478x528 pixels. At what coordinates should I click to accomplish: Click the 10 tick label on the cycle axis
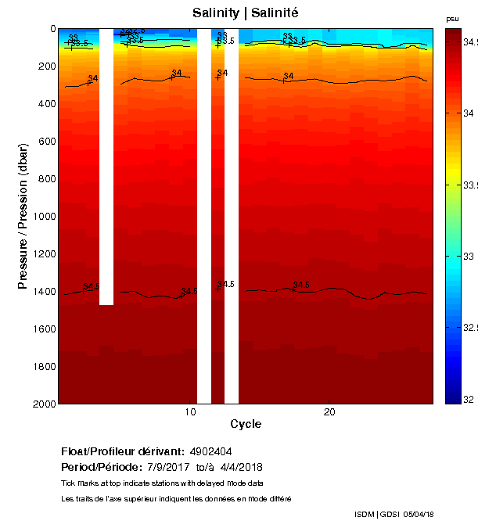tap(190, 412)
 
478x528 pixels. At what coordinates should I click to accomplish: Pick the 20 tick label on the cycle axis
tap(329, 412)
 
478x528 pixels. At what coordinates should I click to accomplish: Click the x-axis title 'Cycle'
tap(246, 424)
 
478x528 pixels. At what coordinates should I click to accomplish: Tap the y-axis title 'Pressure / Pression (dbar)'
tap(23, 216)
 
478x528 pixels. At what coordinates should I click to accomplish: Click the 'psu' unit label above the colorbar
tap(452, 19)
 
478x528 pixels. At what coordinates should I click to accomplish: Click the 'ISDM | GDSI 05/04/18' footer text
tap(394, 514)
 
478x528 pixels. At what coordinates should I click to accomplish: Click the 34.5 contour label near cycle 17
tap(302, 285)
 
